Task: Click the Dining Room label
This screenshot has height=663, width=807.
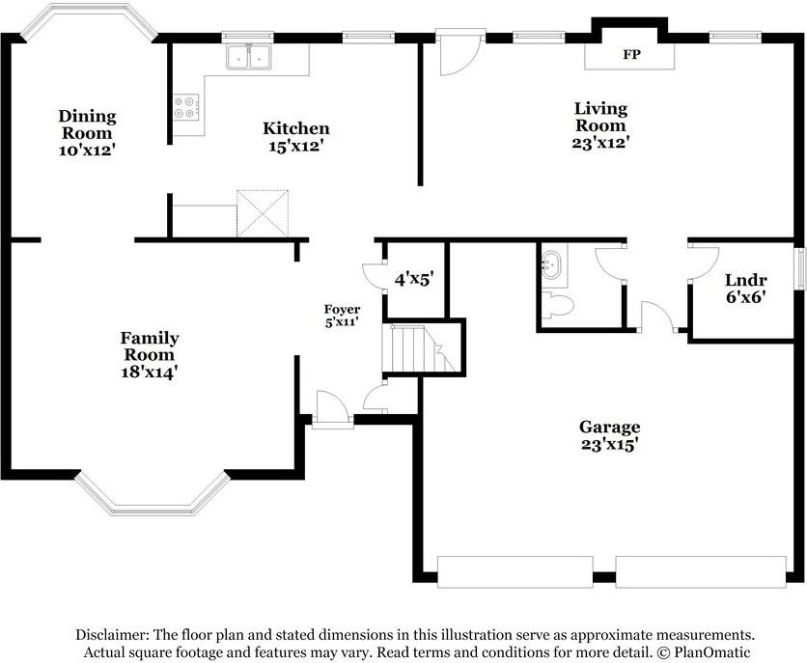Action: [x=87, y=124]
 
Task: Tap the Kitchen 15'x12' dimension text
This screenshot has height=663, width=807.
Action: [x=296, y=146]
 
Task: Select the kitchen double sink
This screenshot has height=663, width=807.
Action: [x=249, y=57]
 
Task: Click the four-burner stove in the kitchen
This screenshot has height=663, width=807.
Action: [x=186, y=107]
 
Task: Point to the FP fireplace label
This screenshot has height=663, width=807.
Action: [x=631, y=54]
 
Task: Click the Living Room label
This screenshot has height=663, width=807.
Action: [x=600, y=117]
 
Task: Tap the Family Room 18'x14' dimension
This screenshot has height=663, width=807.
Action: [x=150, y=372]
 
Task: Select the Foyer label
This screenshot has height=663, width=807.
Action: [x=342, y=309]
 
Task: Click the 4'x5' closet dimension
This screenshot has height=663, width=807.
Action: [x=414, y=279]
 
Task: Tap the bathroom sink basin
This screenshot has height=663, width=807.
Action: [x=553, y=263]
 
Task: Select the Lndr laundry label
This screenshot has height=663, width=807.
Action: [x=746, y=280]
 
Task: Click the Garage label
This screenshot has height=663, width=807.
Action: [x=609, y=427]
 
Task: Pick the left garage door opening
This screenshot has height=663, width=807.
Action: [x=515, y=571]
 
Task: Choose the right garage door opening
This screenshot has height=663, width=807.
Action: [x=701, y=571]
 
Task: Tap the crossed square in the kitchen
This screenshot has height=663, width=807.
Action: [x=263, y=213]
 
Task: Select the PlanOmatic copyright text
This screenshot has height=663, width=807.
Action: [x=703, y=652]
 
